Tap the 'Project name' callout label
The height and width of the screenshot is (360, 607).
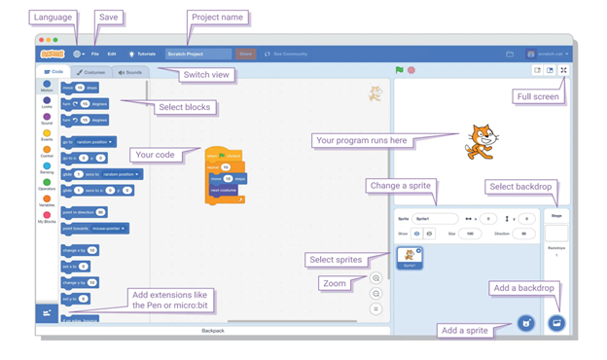tap(218, 18)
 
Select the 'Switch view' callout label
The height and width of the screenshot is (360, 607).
tap(207, 75)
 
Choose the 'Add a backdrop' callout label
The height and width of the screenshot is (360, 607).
tap(523, 288)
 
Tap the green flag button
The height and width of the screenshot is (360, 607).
tap(400, 70)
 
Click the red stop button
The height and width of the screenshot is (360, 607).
tap(411, 70)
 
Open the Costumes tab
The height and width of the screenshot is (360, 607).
tap(92, 72)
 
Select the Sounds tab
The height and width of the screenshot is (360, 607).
tap(130, 72)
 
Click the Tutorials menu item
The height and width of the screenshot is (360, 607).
tap(143, 54)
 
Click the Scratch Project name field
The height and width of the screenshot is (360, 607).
tap(198, 54)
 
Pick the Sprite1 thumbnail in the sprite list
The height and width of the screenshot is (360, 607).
tap(410, 258)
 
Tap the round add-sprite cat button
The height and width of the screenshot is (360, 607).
tap(526, 322)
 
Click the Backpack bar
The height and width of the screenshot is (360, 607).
tap(213, 331)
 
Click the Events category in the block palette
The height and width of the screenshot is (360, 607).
tap(47, 135)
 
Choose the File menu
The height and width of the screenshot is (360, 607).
tap(95, 54)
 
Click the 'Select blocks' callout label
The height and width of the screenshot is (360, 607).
tap(185, 107)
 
